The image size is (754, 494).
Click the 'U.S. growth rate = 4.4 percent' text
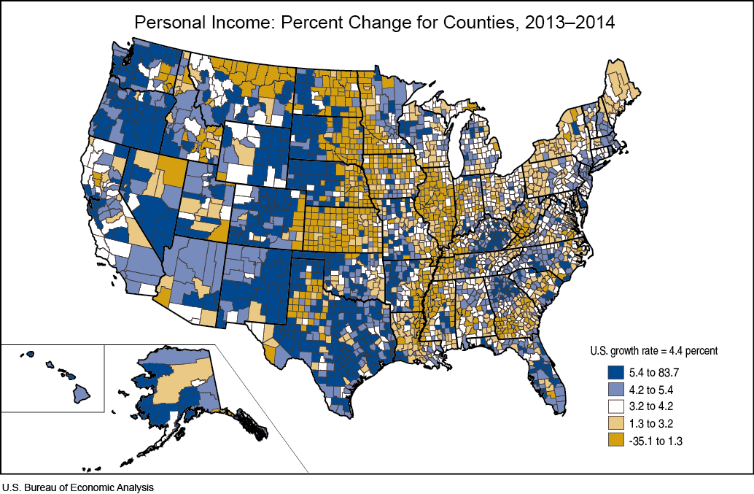pos(654,350)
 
